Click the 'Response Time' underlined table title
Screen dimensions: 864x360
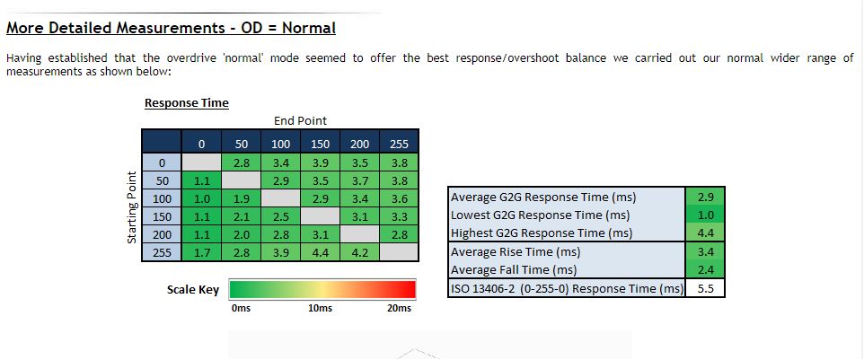(x=186, y=103)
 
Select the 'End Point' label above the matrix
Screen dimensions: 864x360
(x=300, y=120)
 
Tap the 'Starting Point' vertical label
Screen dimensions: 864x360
(x=132, y=207)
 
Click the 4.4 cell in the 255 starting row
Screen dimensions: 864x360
(x=320, y=252)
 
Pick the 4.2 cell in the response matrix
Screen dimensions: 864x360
(x=359, y=252)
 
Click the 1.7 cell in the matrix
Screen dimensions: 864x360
(x=202, y=252)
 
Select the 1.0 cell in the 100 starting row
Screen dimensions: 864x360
(x=202, y=198)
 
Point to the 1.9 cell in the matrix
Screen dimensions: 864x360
(x=242, y=198)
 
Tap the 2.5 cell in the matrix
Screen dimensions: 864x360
(x=280, y=217)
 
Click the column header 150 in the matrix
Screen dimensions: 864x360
(x=320, y=145)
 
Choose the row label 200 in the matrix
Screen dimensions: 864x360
(x=162, y=235)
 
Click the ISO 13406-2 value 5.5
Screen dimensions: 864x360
(x=705, y=288)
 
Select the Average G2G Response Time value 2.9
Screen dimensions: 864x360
(x=705, y=197)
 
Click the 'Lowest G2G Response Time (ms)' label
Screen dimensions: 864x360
(x=540, y=215)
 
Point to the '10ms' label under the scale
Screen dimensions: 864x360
(x=320, y=308)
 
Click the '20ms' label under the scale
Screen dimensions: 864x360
(x=400, y=308)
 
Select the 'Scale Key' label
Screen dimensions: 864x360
(x=193, y=290)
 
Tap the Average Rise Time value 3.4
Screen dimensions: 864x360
(x=705, y=251)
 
